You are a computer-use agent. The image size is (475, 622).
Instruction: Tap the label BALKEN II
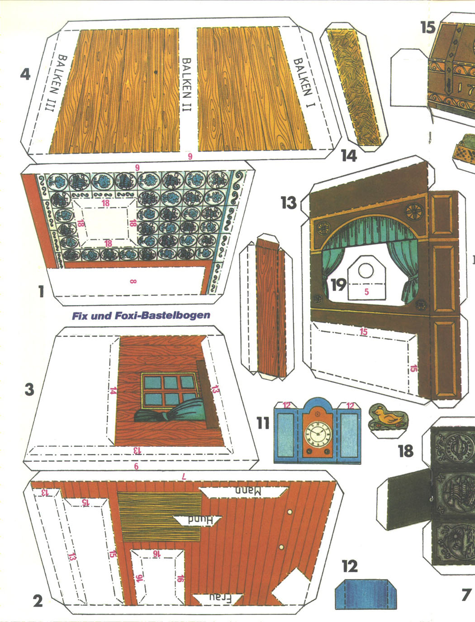[186, 85]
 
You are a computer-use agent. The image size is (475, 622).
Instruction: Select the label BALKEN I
[304, 83]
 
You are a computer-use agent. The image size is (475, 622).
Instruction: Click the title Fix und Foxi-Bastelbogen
[141, 316]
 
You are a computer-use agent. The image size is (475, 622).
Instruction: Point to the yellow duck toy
[389, 416]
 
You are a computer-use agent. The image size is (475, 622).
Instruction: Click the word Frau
[220, 598]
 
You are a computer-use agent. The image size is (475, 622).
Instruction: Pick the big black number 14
[349, 156]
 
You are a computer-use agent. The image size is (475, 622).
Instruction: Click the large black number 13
[289, 203]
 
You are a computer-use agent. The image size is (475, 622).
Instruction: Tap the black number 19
[338, 285]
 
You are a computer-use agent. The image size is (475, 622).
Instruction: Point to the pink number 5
[366, 292]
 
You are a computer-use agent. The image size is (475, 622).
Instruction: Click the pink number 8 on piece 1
[133, 282]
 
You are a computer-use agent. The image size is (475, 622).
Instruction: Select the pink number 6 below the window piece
[136, 466]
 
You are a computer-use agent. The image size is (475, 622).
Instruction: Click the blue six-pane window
[170, 391]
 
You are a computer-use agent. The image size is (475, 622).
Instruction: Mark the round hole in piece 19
[366, 270]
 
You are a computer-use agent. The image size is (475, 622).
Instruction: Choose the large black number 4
[25, 75]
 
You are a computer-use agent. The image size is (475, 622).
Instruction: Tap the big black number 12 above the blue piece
[350, 566]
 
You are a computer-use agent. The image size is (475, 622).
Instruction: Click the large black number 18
[405, 451]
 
